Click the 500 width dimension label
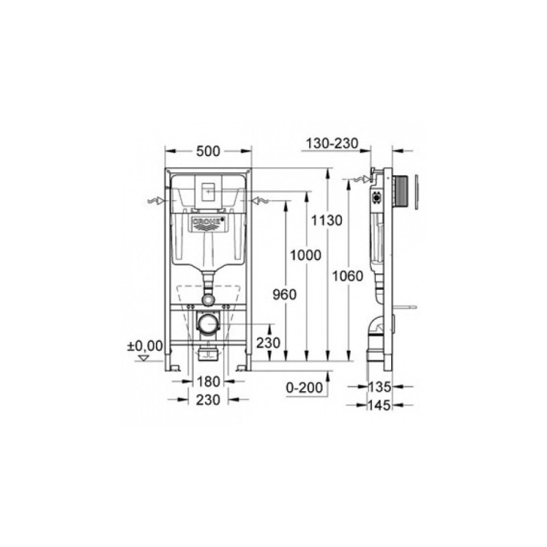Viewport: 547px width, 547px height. [209, 151]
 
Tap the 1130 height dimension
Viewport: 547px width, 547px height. [327, 220]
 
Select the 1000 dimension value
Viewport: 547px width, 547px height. [306, 255]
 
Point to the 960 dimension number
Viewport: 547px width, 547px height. [284, 295]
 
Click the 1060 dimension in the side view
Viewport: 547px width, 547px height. [347, 276]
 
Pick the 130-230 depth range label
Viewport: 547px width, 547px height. [332, 144]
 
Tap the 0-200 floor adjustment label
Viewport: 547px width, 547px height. [304, 388]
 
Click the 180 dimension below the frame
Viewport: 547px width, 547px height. [209, 382]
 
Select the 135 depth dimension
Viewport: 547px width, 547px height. [380, 387]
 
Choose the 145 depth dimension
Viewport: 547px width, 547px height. [379, 405]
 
